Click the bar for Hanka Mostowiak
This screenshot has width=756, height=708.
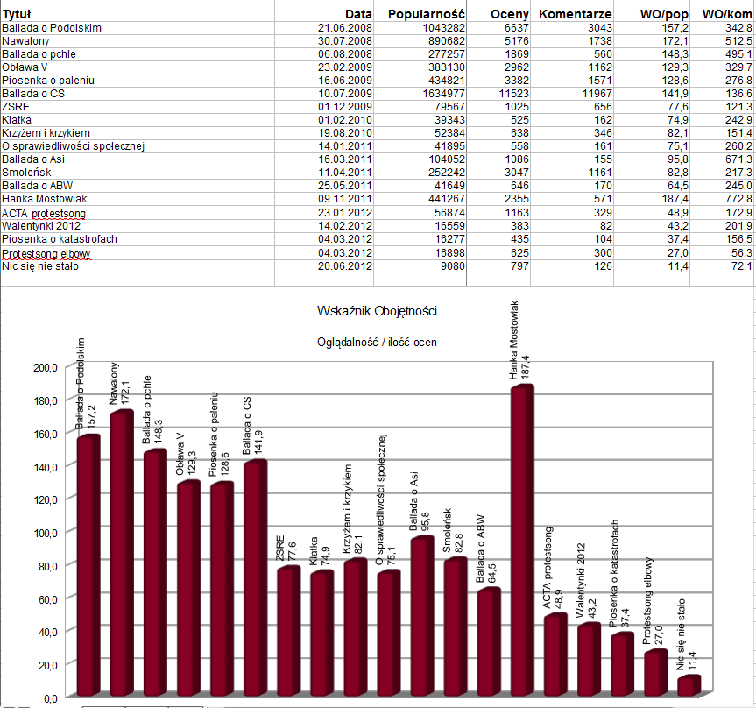click(x=521, y=539)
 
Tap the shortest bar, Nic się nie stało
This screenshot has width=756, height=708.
click(x=688, y=686)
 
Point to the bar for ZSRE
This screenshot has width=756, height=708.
click(x=287, y=631)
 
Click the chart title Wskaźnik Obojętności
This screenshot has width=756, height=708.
click(x=378, y=311)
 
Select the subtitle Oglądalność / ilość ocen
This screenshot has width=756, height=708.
click(x=377, y=343)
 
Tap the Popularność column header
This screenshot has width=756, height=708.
click(x=426, y=15)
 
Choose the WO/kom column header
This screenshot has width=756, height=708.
click(x=726, y=15)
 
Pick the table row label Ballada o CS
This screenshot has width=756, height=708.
click(x=33, y=93)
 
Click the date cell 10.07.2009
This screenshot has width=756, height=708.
click(x=345, y=93)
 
